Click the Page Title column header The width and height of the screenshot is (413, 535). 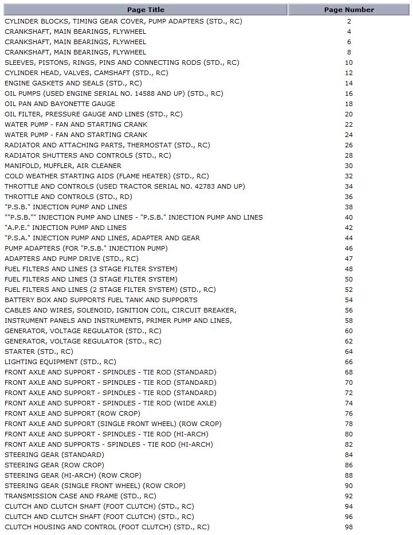point(145,10)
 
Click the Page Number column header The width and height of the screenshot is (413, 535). point(349,10)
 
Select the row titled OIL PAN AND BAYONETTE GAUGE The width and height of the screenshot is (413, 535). point(60,104)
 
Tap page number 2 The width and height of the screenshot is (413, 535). point(349,21)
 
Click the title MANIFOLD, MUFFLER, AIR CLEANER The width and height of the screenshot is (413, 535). point(63,166)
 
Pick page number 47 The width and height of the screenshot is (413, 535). point(349,259)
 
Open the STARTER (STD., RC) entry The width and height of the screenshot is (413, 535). point(39,352)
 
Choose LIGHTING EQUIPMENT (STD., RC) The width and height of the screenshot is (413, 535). point(60,362)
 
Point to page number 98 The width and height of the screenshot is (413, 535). point(349,527)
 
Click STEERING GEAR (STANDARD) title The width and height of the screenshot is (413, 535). point(54,455)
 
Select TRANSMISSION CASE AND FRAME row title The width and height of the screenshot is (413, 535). point(80,496)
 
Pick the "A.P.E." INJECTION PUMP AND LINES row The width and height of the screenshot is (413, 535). point(66,228)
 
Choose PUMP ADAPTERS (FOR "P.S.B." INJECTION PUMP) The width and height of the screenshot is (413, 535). point(86,248)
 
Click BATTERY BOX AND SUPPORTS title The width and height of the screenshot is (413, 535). point(101,300)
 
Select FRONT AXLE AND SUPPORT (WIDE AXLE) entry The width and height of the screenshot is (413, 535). point(111,403)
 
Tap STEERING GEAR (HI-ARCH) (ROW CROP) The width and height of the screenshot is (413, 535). point(73,475)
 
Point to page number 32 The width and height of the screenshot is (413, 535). point(349,176)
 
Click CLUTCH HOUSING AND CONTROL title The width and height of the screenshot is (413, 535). point(107,527)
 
